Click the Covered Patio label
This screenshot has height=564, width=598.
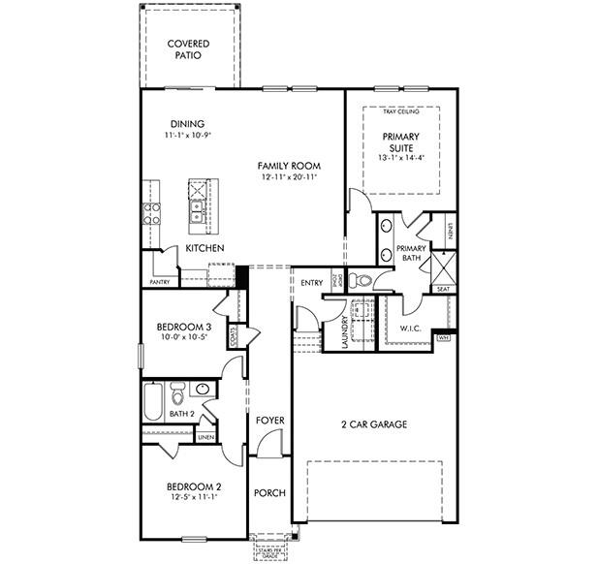190,50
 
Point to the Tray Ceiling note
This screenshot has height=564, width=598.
402,113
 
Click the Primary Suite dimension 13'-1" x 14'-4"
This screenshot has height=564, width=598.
402,158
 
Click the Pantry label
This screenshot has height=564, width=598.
160,282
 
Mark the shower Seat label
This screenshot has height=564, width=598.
443,289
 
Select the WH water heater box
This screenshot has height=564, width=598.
444,338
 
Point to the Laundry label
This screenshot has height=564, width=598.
344,329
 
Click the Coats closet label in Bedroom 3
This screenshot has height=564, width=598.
235,335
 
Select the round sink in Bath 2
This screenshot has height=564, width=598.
202,390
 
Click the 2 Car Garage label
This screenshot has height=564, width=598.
372,424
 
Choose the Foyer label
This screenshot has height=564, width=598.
269,420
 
